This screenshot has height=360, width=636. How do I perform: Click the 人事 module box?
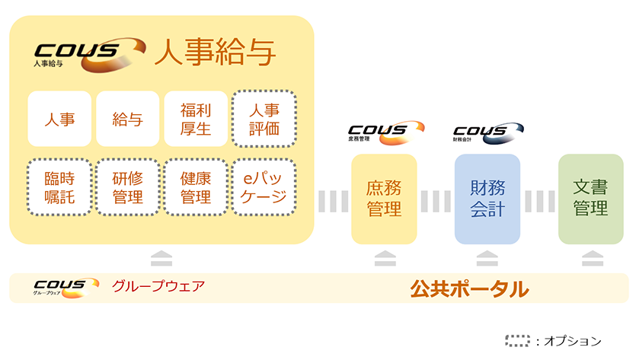coord(59,119)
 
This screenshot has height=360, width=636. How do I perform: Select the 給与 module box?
coord(127,119)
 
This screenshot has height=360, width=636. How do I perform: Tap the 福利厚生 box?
coord(195,119)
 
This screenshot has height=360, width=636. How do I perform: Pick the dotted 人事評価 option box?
coord(264,119)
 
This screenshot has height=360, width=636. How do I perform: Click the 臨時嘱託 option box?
coord(59,187)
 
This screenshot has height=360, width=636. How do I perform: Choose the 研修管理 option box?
coord(127,187)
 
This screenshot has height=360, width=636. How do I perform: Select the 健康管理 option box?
coord(195,187)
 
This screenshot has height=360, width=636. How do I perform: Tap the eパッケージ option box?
coord(264,187)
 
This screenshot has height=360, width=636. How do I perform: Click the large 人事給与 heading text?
coord(215,53)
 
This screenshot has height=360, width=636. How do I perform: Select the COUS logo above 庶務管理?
coord(385,132)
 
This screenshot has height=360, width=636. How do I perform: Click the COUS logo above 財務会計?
coord(487,132)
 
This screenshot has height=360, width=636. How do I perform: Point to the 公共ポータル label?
coord(469,288)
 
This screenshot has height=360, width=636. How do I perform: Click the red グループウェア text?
coord(158,288)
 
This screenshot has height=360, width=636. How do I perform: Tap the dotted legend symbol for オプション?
coord(519,341)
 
